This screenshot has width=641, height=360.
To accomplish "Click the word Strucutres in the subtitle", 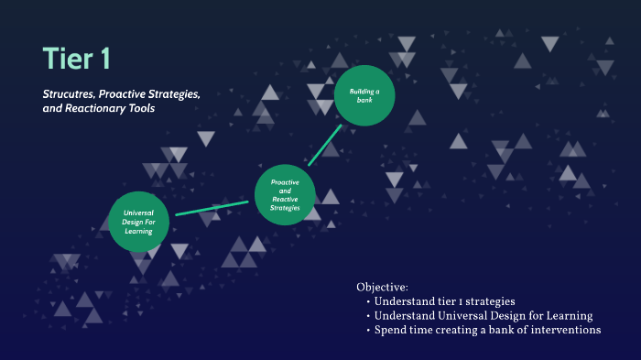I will (68, 94).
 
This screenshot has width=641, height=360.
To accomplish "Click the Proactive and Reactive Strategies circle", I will (285, 194).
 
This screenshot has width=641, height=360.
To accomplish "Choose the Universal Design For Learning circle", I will (138, 221).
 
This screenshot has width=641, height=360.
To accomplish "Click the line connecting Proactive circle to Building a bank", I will (325, 146).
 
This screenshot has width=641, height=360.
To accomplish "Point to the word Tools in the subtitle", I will (141, 108).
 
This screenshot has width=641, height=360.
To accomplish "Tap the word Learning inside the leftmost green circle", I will (138, 231).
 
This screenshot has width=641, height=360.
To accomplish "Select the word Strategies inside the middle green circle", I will (285, 208).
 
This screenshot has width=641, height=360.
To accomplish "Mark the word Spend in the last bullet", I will (392, 330).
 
